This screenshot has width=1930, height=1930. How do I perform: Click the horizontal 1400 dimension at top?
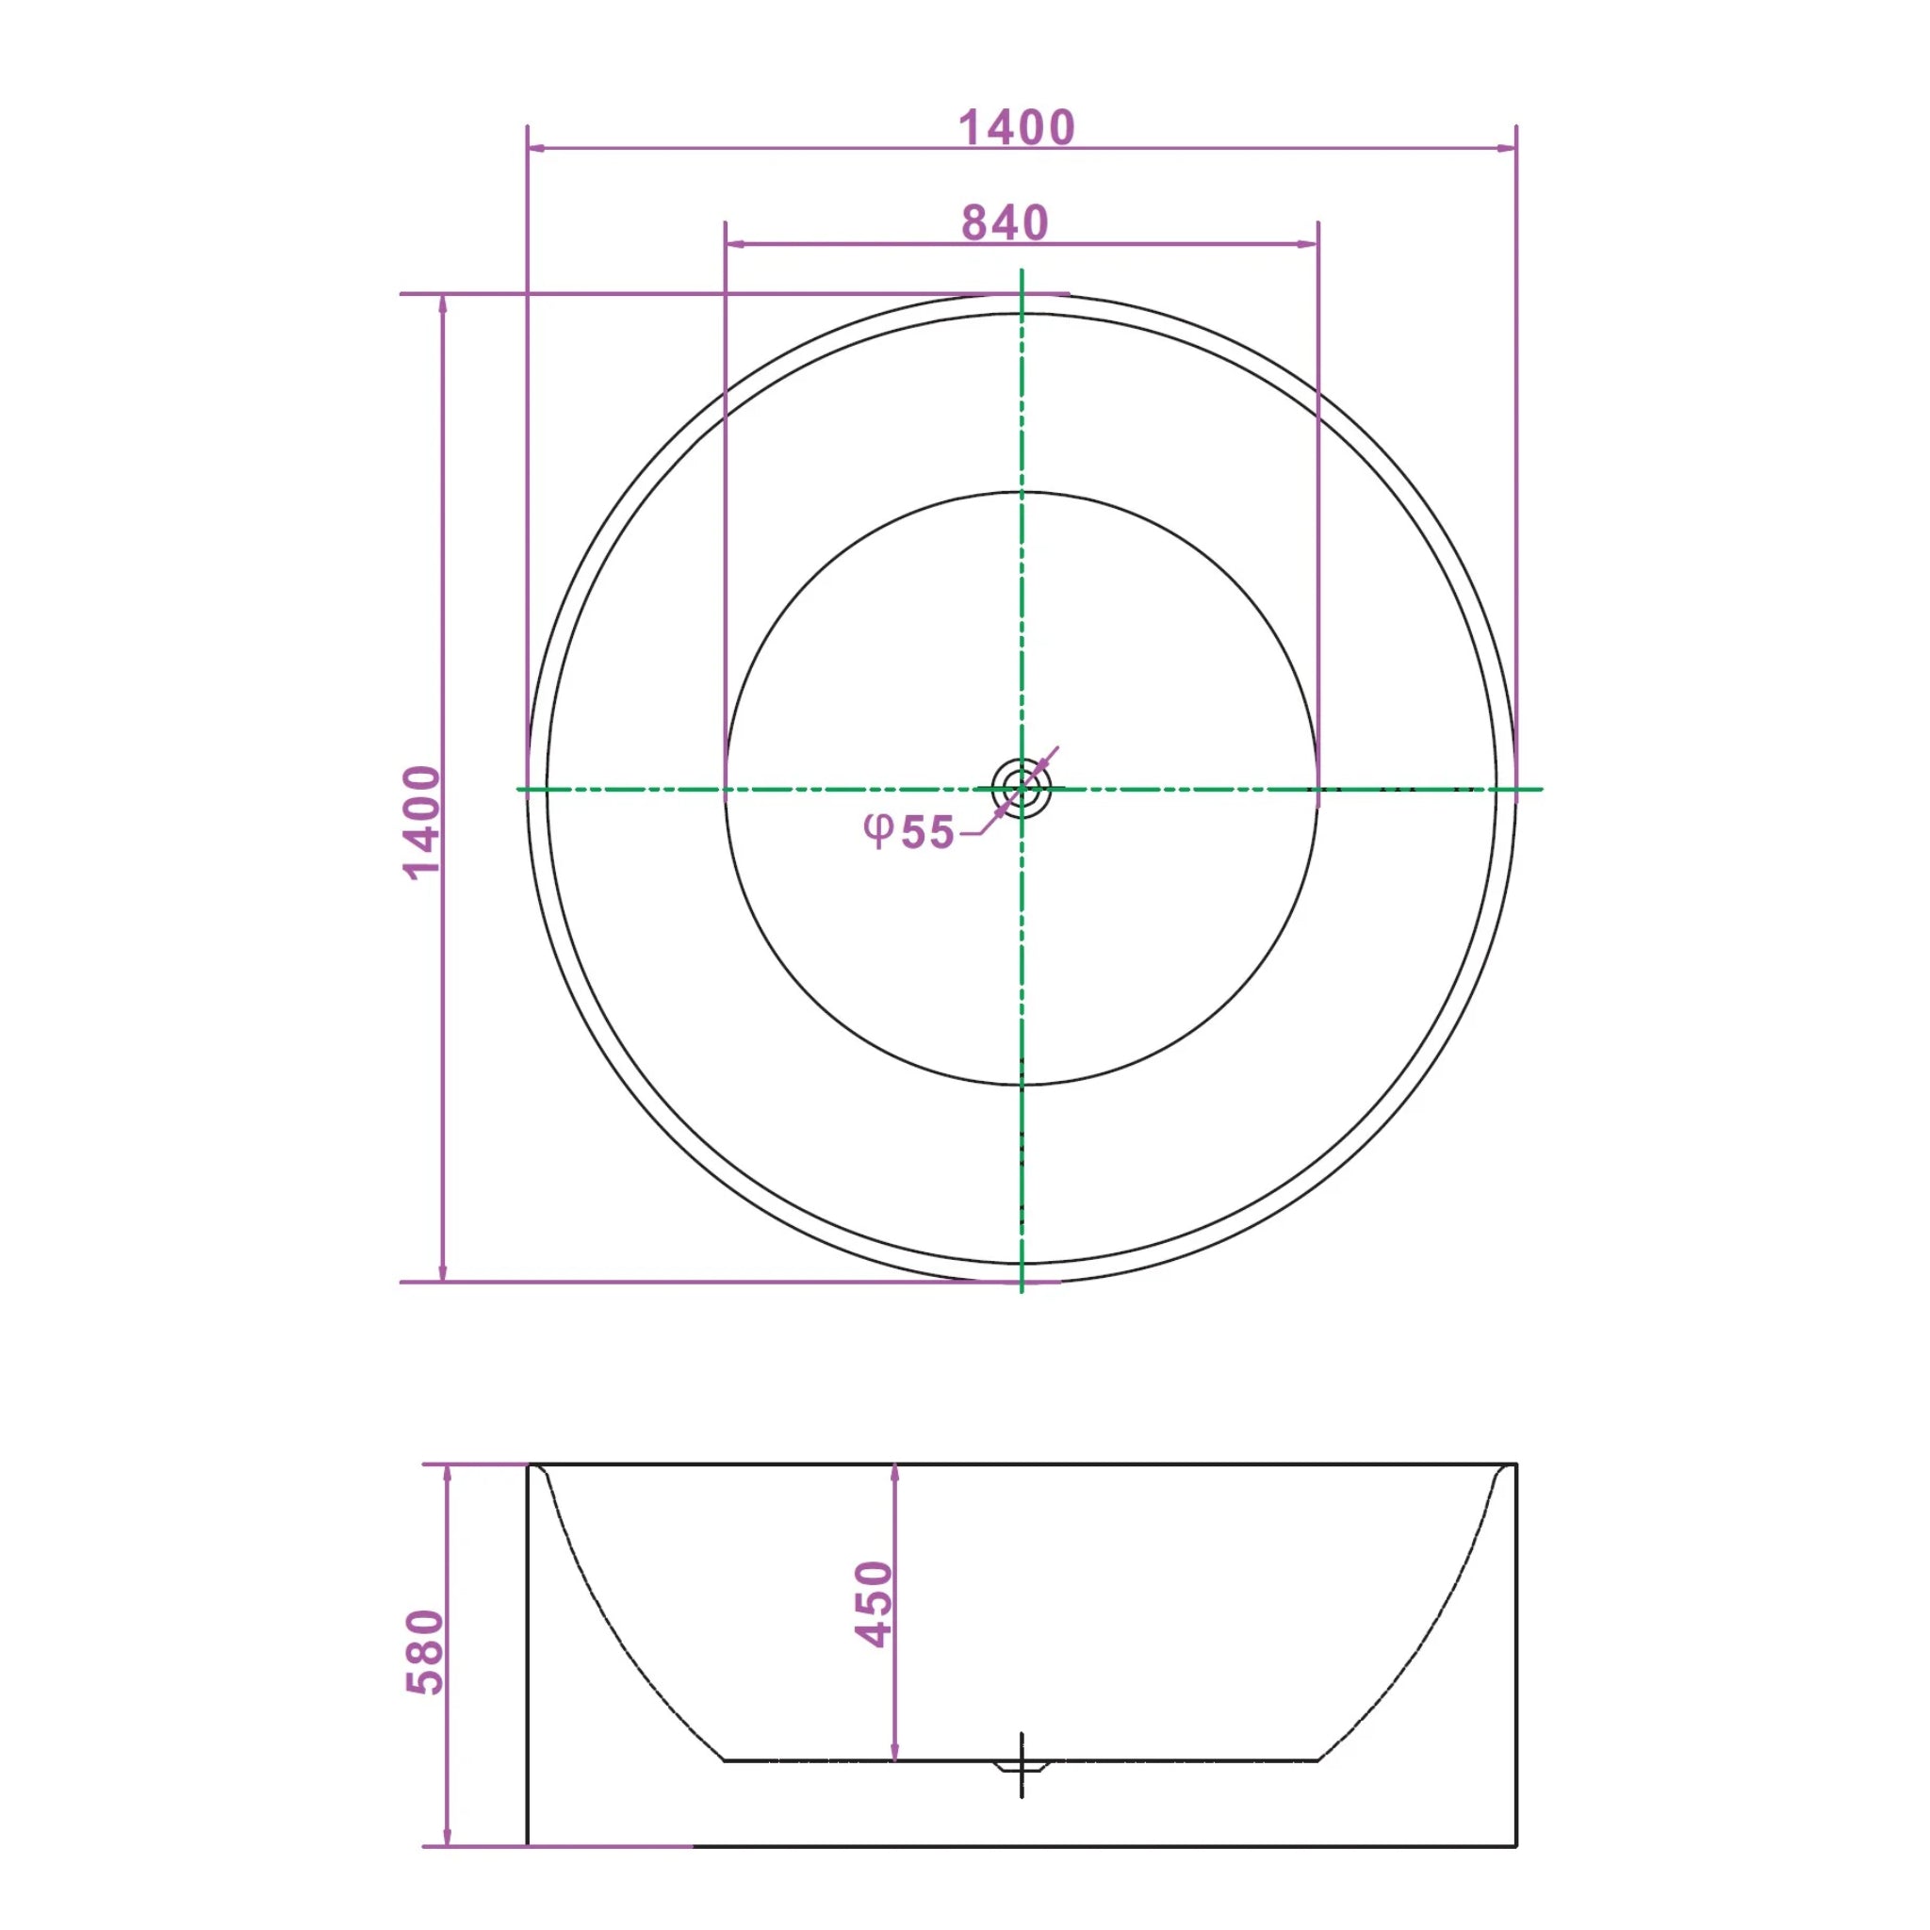tap(1016, 128)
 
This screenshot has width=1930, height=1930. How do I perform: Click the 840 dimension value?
tap(1005, 222)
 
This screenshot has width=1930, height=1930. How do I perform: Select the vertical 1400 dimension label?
tap(422, 821)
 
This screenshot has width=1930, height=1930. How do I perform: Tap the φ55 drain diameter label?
tap(909, 831)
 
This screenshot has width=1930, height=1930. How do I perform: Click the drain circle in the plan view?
tap(1021, 789)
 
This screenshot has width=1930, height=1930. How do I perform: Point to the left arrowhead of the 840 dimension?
tap(734, 244)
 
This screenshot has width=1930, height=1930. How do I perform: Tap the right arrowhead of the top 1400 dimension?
tap(1508, 149)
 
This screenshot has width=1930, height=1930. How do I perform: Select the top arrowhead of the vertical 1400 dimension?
tap(443, 303)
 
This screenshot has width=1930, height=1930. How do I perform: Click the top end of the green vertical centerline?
tap(1021, 270)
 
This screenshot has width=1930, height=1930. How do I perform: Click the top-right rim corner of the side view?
tap(1515, 1464)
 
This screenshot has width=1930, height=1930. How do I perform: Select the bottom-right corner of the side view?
tap(1515, 1846)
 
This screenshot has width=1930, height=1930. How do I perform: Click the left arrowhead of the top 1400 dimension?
tap(536, 149)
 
